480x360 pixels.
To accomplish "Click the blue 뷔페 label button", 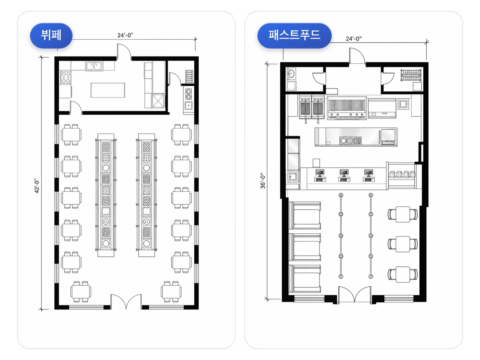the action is (x=51, y=36).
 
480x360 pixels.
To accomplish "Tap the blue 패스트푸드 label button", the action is (x=294, y=36).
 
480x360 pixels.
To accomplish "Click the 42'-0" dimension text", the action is (x=37, y=186).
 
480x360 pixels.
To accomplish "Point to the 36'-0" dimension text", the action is (x=262, y=181).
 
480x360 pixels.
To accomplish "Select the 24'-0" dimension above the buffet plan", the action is (x=125, y=35).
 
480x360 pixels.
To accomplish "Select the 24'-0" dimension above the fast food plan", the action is (x=354, y=39).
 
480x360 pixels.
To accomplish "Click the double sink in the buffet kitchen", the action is (x=94, y=66).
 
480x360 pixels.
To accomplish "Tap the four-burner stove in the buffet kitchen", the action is (x=66, y=77).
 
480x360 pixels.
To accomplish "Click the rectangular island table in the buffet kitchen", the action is (x=108, y=90).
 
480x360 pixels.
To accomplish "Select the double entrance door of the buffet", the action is (x=126, y=301).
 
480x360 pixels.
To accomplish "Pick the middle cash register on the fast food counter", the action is (x=344, y=175).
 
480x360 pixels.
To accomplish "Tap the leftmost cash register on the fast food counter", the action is (x=320, y=175).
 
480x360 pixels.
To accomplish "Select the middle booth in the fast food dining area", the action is (x=305, y=247).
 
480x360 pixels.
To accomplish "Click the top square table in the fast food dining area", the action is (x=403, y=214).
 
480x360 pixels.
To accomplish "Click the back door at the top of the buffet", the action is (x=124, y=52).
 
